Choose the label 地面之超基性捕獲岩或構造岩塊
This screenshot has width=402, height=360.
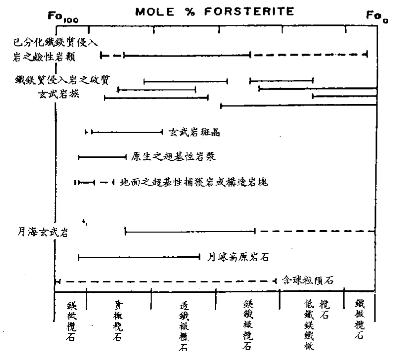(x=194, y=182)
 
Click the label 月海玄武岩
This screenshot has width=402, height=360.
(x=40, y=232)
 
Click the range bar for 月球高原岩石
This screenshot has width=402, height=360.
(x=139, y=257)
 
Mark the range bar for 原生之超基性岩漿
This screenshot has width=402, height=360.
(x=102, y=157)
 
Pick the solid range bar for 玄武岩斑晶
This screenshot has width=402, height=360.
(x=127, y=133)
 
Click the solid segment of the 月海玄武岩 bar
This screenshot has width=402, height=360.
(x=190, y=232)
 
